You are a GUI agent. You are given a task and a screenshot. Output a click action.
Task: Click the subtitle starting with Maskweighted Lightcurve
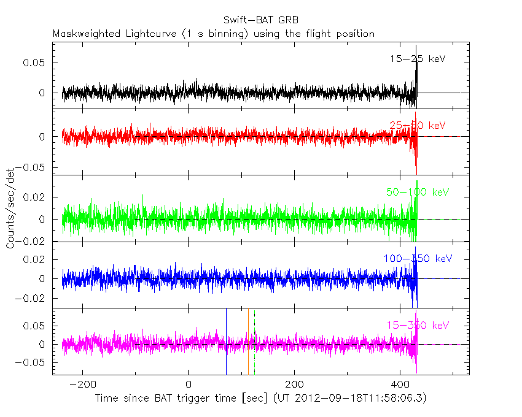[x=213, y=34]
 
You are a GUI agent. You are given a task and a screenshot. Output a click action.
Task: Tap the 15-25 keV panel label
[x=417, y=59]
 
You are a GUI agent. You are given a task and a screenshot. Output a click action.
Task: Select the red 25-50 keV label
[x=417, y=125]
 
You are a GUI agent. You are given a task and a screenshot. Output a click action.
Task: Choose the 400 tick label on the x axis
[x=400, y=385]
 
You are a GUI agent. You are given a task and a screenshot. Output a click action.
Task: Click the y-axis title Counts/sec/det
[x=10, y=208]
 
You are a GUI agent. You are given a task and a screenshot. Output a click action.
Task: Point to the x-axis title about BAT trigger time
[x=260, y=399]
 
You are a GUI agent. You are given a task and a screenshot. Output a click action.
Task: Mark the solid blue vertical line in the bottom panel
[x=226, y=343]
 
